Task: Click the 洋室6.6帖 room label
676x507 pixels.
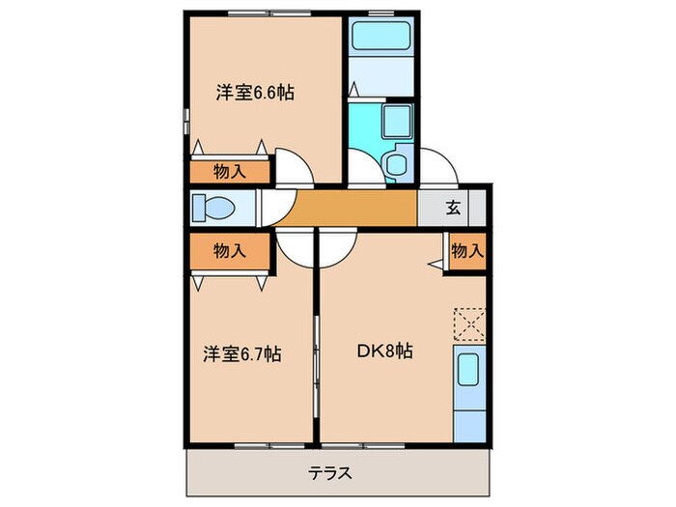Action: point(255,94)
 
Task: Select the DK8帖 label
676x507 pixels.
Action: point(386,352)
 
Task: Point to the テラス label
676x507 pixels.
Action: point(330,474)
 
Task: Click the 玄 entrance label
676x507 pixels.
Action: point(452,207)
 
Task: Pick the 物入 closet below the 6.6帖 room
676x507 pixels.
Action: point(229,172)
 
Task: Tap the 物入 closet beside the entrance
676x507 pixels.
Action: point(467,251)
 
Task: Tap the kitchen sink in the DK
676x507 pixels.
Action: point(468,371)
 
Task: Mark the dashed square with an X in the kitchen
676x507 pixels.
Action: point(468,324)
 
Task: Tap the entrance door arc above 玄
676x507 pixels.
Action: point(439,166)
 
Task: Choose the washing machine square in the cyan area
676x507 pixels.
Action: point(397,123)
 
